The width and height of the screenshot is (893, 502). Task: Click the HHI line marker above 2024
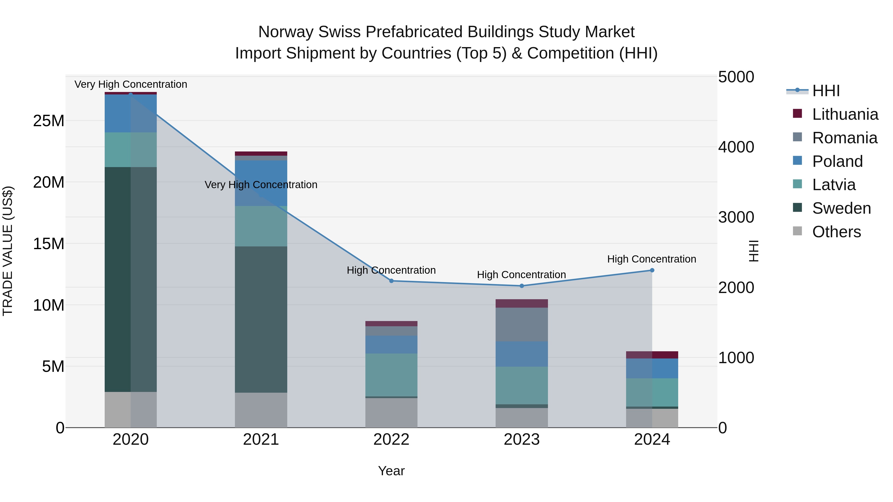click(x=652, y=270)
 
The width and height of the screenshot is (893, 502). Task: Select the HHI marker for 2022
click(x=391, y=281)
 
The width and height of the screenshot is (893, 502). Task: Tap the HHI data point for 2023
click(x=521, y=286)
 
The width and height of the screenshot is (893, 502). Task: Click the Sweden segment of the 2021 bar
click(x=261, y=319)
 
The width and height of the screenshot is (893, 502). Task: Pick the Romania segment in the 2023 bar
click(x=521, y=324)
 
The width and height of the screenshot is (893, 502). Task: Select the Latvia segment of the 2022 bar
click(x=391, y=375)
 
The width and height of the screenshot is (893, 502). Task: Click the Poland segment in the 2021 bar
click(x=261, y=183)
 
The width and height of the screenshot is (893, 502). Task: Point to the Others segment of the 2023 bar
click(x=521, y=417)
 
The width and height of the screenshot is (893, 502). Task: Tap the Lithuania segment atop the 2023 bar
click(x=521, y=303)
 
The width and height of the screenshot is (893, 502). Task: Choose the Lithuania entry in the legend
click(x=845, y=114)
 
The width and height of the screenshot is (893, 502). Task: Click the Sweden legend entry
click(x=841, y=208)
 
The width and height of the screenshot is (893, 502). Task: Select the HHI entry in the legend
click(x=826, y=91)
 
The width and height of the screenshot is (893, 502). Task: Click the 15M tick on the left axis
click(x=49, y=243)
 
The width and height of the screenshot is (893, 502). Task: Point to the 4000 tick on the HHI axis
click(x=736, y=147)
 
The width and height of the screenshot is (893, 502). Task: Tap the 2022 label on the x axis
click(x=391, y=440)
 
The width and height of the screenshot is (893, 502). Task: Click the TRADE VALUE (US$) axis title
click(x=8, y=251)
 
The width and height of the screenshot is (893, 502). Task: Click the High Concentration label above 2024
click(x=651, y=259)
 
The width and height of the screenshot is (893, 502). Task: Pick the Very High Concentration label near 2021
click(x=261, y=185)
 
